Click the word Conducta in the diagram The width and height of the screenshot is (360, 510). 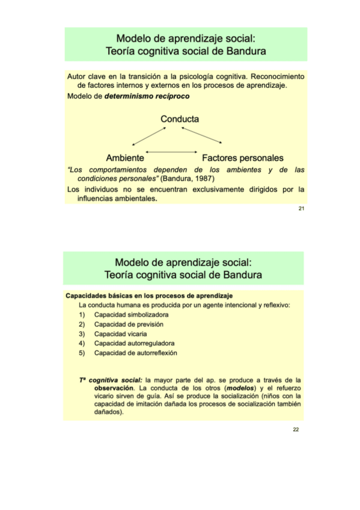[180, 119]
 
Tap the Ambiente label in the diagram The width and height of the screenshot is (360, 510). [124, 158]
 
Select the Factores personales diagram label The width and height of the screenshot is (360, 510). [242, 158]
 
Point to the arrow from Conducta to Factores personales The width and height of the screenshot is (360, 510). [202, 135]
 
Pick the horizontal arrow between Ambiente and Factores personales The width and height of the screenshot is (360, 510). [171, 151]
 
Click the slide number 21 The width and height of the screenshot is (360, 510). [301, 209]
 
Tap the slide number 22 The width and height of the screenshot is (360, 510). [296, 429]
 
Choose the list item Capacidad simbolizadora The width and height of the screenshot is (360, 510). [131, 315]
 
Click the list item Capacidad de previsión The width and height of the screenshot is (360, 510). [129, 324]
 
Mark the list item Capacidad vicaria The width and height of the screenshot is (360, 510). [120, 334]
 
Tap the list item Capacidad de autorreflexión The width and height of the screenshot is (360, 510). [135, 353]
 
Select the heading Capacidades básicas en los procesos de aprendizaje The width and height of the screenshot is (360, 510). [148, 296]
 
